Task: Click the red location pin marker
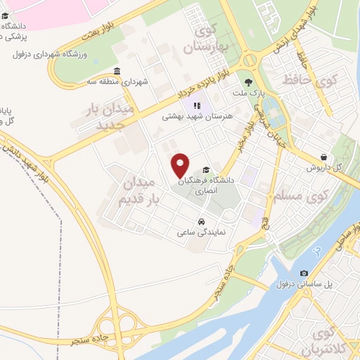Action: click(181, 165)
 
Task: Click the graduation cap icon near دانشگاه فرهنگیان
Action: click(205, 169)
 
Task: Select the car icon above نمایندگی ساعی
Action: click(202, 220)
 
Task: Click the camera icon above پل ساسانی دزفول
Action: click(304, 273)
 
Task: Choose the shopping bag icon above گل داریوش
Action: click(323, 157)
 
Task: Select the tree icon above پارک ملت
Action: click(248, 82)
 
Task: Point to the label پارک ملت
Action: click(248, 93)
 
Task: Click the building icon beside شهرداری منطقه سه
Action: click(117, 72)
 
